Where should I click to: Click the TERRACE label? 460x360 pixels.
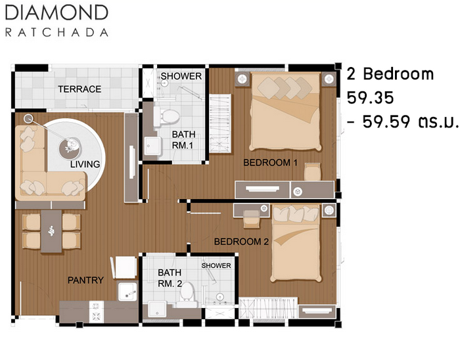(x=80, y=89)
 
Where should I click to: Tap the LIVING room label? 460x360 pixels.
(x=85, y=164)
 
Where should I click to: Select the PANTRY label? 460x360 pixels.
(x=85, y=280)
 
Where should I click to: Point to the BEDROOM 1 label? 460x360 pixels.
(x=270, y=162)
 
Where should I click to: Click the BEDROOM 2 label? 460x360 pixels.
(x=241, y=242)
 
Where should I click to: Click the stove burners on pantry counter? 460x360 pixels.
(x=96, y=311)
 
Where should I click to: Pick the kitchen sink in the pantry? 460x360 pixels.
(x=127, y=292)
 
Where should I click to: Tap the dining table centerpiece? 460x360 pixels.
(x=51, y=231)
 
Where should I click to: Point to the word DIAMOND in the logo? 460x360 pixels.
(x=57, y=13)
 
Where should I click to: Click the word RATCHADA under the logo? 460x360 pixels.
(x=57, y=32)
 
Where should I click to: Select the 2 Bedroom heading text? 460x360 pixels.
(x=390, y=74)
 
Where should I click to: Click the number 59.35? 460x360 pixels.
(x=370, y=98)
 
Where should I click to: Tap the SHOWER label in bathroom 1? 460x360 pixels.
(x=181, y=76)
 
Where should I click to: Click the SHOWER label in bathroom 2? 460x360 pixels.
(x=216, y=265)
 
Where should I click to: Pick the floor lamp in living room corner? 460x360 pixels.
(x=28, y=119)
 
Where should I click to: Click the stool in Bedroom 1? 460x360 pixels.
(x=312, y=172)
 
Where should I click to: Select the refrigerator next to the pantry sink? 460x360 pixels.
(x=124, y=267)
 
